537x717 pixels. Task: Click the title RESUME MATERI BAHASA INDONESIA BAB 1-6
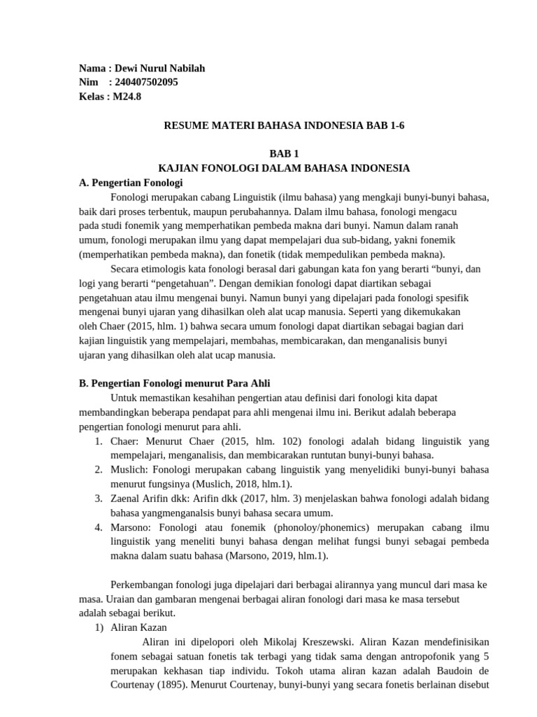pos(284,125)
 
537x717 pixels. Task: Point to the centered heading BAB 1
pos(284,154)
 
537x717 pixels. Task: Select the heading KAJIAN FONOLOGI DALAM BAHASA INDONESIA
pos(284,168)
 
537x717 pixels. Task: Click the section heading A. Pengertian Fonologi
pos(131,183)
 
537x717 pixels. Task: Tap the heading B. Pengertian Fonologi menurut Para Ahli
pos(175,383)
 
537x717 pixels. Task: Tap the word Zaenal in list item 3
pos(126,499)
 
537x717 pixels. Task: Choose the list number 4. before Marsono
pos(99,527)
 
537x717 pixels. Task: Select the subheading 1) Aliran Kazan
pos(131,627)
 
